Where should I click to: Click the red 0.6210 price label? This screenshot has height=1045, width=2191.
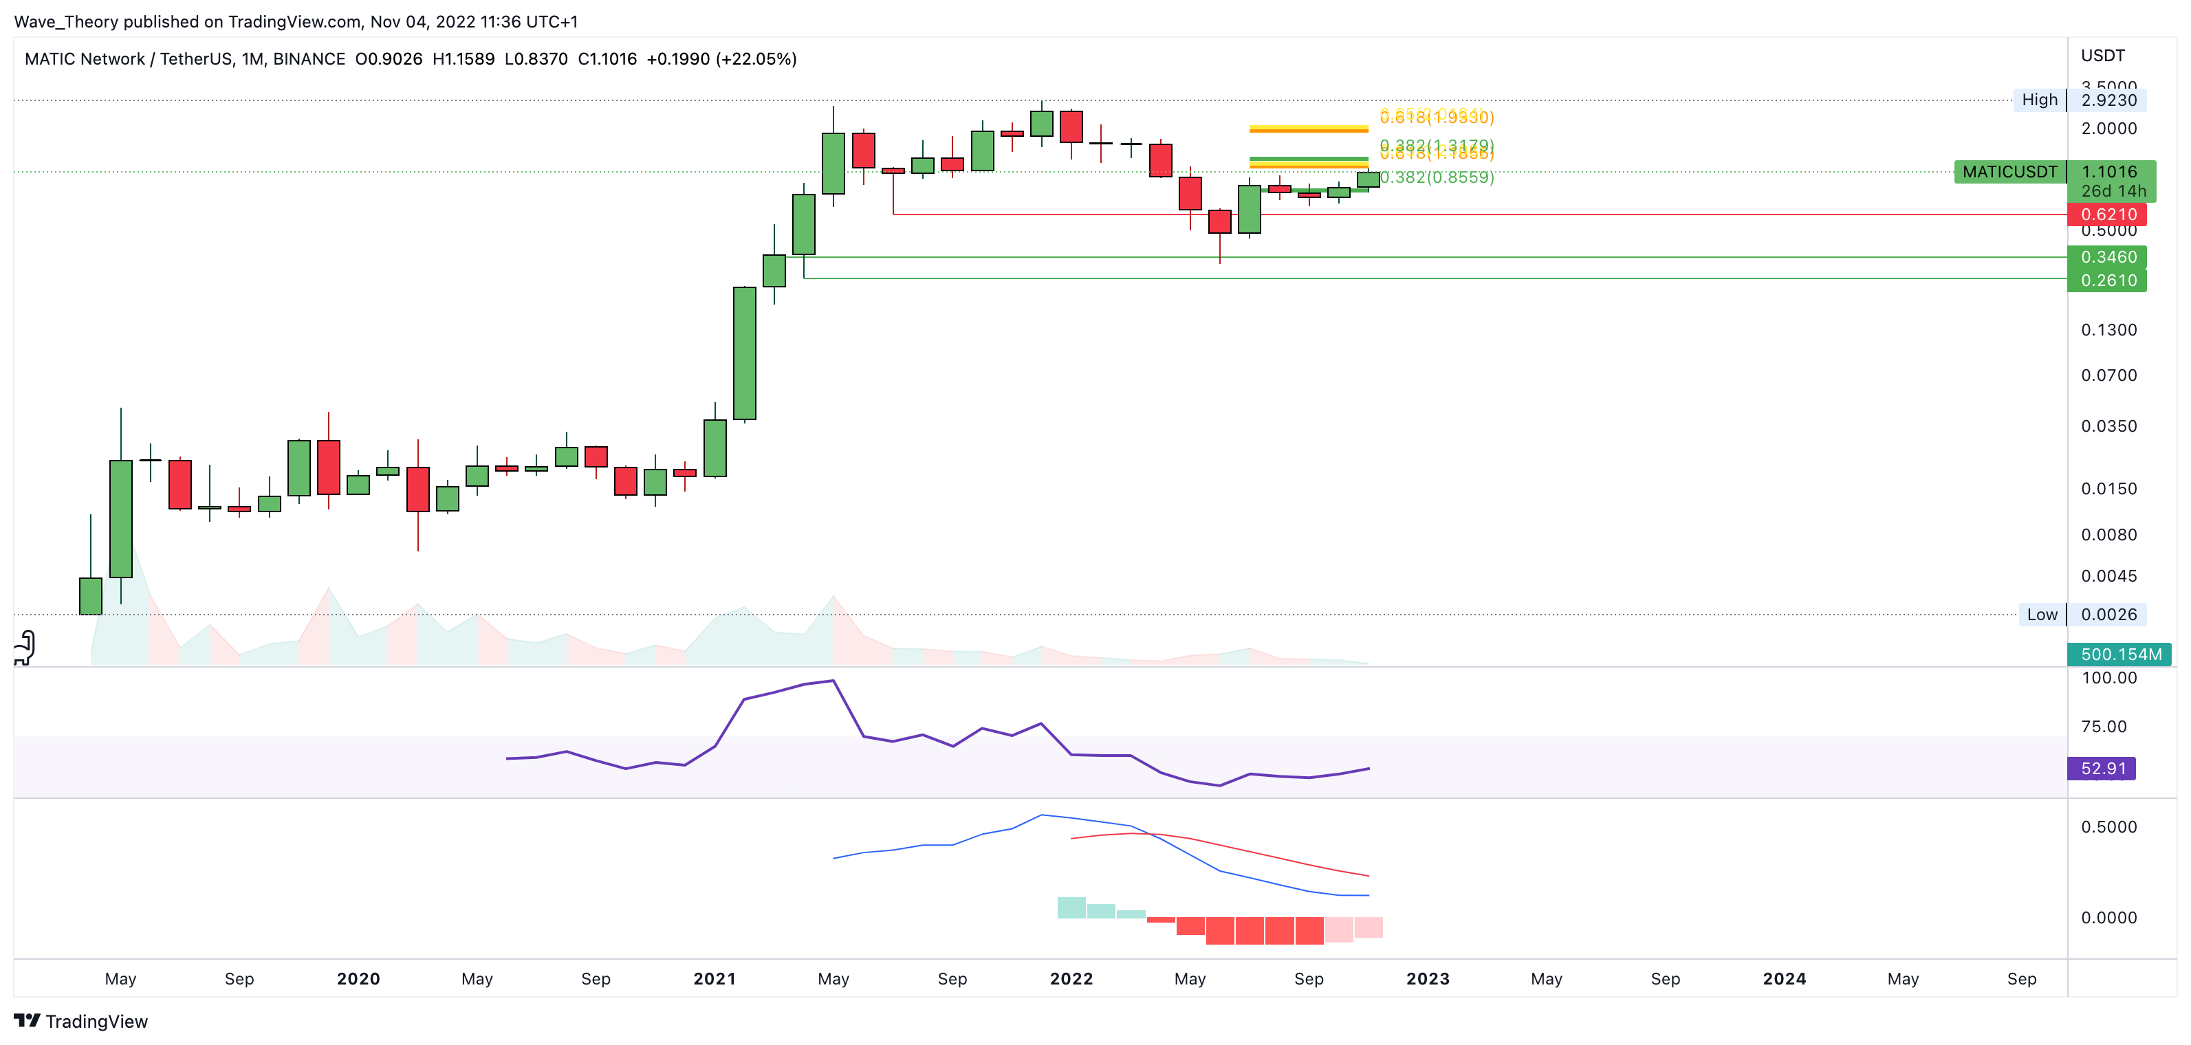2107,214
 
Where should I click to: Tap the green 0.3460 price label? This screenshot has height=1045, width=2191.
2107,257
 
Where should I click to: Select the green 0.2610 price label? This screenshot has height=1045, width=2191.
2107,280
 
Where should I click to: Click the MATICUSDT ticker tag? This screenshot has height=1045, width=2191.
2009,172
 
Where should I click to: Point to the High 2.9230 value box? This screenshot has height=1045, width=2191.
2108,100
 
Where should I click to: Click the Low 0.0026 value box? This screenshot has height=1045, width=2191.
2108,615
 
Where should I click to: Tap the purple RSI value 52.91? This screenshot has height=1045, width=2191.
2102,769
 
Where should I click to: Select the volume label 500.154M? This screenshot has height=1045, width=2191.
2119,654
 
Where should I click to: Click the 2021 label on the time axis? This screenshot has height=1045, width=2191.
715,979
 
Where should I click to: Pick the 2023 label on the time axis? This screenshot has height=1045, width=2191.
1427,979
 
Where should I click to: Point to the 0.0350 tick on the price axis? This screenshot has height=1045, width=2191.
2108,426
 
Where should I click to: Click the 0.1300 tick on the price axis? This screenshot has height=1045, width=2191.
2108,330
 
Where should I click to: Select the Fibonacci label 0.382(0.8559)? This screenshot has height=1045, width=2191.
1437,177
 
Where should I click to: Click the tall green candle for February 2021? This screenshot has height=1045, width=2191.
744,353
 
